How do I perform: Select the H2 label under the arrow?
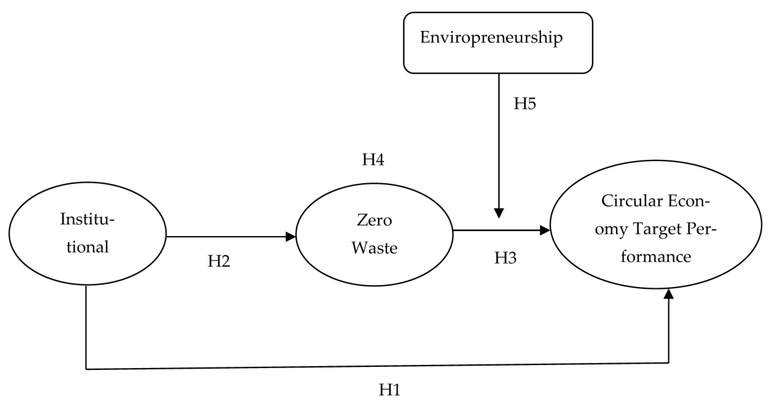click(219, 261)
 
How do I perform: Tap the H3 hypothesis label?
click(505, 258)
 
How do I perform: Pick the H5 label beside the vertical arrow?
click(525, 104)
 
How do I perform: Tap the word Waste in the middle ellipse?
click(374, 248)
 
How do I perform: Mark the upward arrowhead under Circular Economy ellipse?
click(669, 294)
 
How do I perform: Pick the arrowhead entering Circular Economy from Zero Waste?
click(545, 230)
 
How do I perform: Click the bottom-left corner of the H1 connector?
click(86, 369)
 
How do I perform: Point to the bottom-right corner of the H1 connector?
click(669, 363)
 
